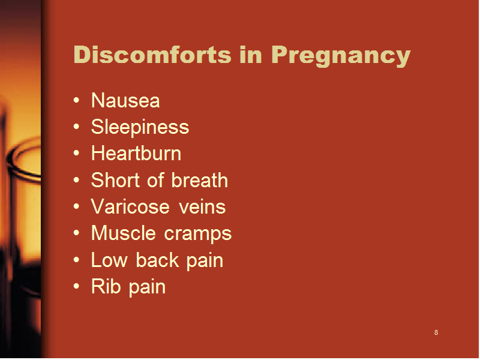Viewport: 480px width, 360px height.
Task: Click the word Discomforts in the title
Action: pos(152,55)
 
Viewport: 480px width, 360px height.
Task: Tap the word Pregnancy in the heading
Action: pos(341,56)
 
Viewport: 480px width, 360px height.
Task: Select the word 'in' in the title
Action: pos(251,55)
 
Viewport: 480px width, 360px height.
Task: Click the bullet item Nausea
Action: pos(125,100)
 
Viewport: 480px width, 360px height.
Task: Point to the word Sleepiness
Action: pos(140,127)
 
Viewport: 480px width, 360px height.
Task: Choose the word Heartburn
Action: pos(136,153)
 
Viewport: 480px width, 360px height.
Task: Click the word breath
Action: pos(200,179)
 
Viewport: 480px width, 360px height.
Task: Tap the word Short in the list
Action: pos(116,179)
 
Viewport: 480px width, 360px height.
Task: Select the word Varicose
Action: pos(130,206)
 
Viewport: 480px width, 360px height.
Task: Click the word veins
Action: pos(202,206)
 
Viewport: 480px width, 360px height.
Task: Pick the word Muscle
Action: pos(124,233)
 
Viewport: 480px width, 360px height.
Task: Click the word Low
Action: pos(109,260)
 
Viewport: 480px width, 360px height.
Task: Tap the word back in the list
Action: pos(157,260)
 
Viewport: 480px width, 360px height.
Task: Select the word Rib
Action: pos(106,287)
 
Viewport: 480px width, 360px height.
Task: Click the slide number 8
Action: pos(436,332)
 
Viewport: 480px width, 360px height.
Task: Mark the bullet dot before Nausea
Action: pos(77,100)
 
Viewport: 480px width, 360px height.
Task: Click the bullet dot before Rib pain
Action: pos(77,287)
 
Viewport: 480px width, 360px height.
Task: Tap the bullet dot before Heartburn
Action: pos(77,153)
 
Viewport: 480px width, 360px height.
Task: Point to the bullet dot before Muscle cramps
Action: pos(77,233)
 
